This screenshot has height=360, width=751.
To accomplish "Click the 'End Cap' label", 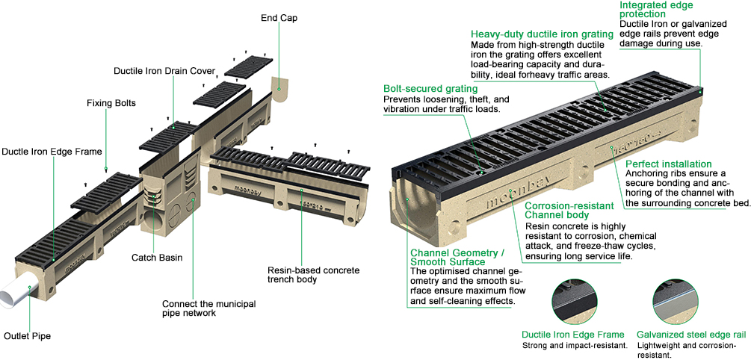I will click(279, 17).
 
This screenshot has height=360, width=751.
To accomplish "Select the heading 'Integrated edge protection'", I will click(657, 10).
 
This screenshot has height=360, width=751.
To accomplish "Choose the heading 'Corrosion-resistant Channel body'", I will click(569, 209).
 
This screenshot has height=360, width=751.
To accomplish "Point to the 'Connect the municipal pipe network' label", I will click(208, 308).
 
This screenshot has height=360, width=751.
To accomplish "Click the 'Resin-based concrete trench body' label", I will click(303, 274).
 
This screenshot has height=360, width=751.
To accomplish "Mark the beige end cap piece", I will click(280, 90).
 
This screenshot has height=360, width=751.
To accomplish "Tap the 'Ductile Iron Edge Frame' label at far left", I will click(50, 152).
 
